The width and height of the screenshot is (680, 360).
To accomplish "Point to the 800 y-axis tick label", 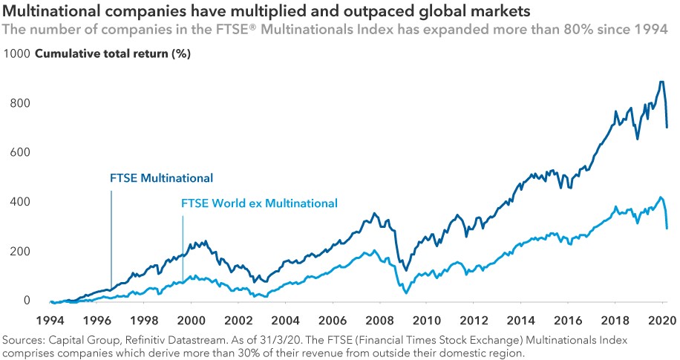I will [19, 103].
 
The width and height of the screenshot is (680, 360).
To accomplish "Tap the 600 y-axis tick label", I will [19, 153].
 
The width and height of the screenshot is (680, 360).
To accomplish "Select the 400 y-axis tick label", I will [19, 202].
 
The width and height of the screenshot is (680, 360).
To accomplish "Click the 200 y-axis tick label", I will [19, 251].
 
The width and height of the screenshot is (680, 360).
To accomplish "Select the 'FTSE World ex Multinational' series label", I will [260, 203].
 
